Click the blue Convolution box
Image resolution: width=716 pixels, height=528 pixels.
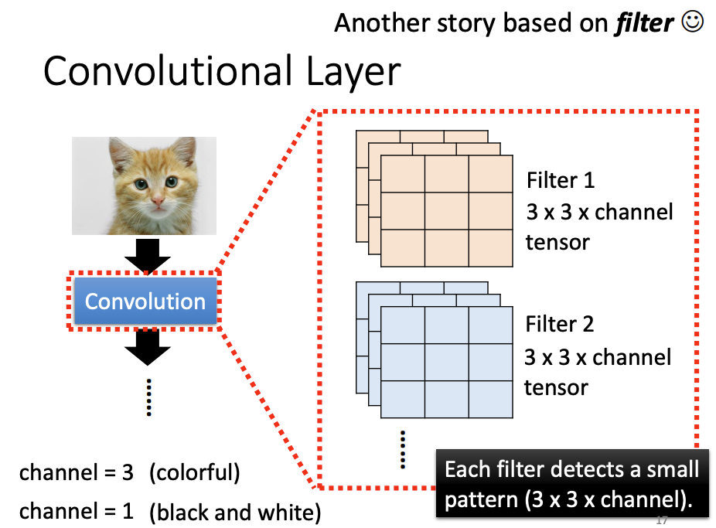(145, 301)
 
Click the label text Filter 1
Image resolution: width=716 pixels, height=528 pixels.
(561, 181)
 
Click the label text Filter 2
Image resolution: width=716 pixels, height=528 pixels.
(560, 324)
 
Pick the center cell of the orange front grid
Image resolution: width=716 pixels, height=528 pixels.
(447, 211)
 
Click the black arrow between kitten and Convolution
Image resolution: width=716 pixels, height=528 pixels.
(147, 256)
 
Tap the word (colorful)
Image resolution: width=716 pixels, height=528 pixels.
(195, 472)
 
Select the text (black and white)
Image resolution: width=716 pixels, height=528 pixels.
(235, 512)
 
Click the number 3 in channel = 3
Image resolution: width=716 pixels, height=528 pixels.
(128, 472)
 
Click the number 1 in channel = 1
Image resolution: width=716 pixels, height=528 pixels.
(128, 512)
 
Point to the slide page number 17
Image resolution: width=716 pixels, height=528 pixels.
(661, 519)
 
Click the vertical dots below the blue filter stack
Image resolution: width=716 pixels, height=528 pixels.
(403, 449)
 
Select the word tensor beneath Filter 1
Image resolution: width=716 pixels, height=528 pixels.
(557, 242)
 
